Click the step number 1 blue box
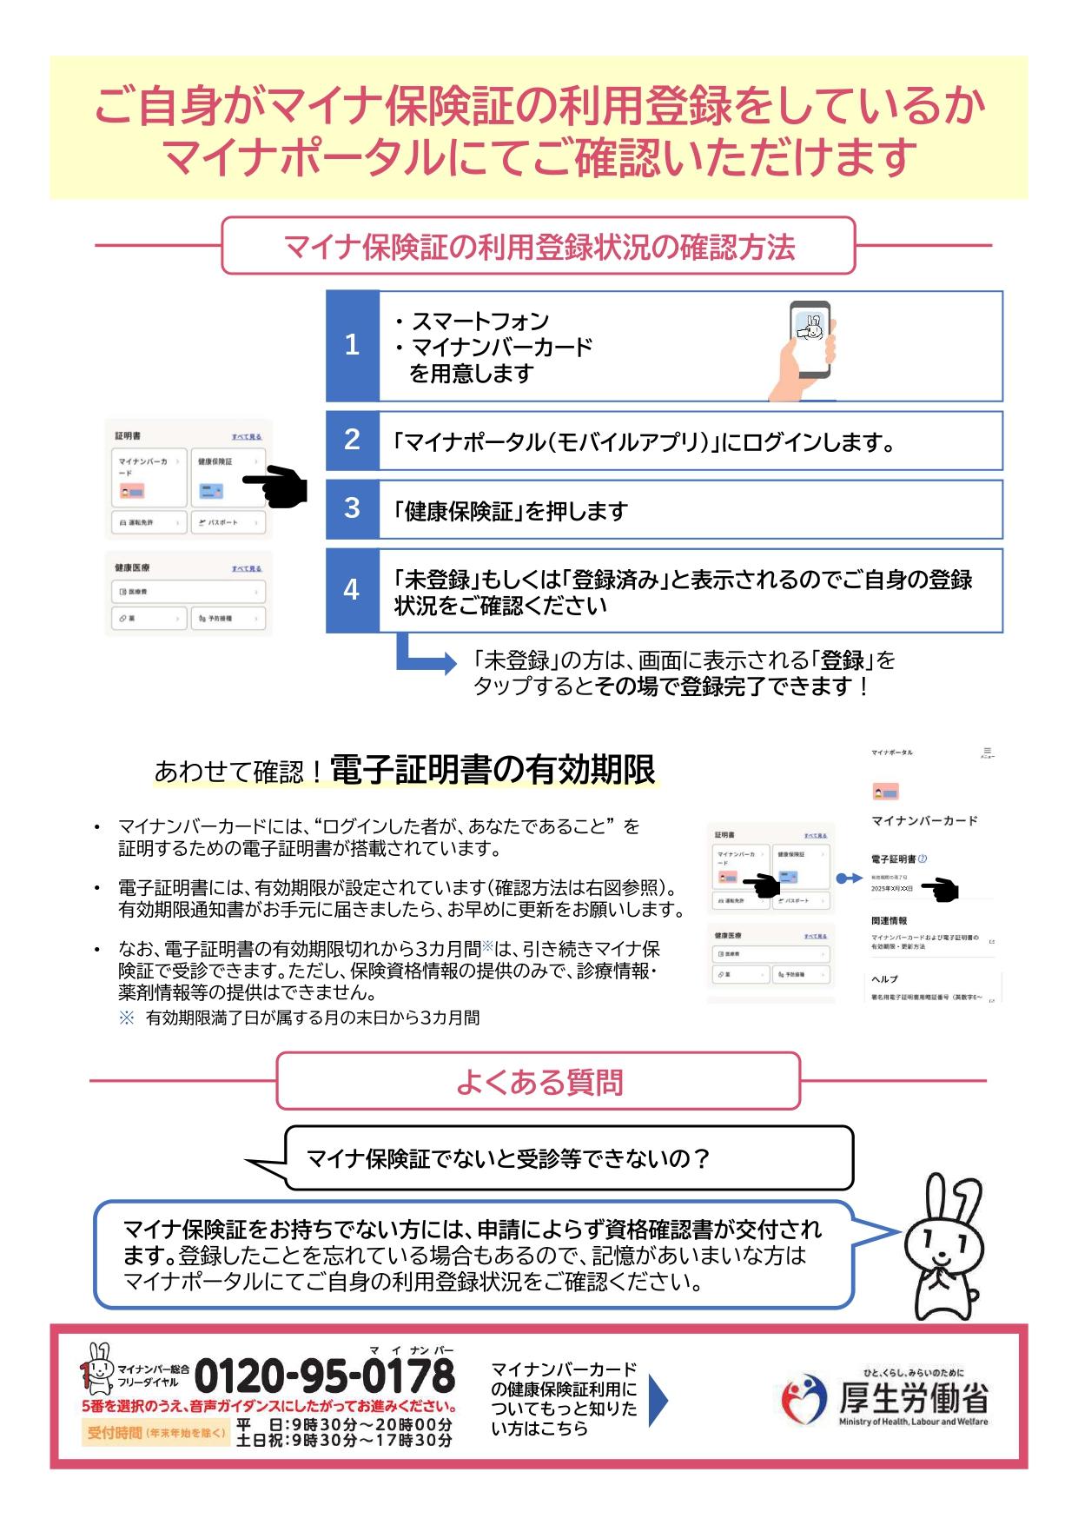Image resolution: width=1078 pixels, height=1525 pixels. pos(352,346)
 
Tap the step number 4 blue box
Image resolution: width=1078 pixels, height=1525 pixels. pos(352,590)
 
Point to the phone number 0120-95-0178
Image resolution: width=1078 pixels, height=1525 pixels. pos(325,1377)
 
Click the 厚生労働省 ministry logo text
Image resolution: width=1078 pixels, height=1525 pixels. pos(912,1398)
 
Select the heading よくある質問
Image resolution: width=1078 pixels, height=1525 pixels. pos(539,1082)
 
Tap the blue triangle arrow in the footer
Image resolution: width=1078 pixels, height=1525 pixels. pos(658,1399)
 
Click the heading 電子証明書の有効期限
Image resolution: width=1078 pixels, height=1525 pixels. pos(493,770)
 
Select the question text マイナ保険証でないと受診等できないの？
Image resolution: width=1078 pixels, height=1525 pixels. pos(508,1158)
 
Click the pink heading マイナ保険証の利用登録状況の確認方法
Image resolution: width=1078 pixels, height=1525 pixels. pos(539,247)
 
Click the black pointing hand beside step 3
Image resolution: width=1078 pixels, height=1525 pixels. pos(276,487)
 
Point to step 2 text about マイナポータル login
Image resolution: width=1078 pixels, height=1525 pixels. pos(643,442)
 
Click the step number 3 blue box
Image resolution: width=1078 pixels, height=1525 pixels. pos(352,508)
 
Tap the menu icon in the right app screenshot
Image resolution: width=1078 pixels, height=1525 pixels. pos(987,753)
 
